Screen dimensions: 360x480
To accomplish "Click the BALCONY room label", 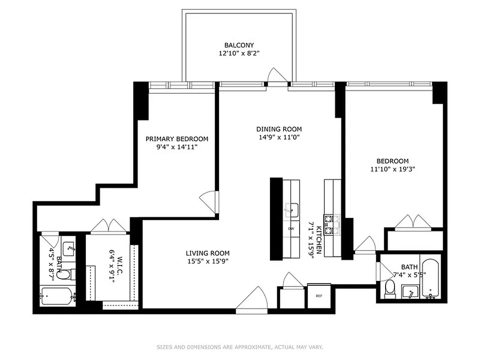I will (x=239, y=45).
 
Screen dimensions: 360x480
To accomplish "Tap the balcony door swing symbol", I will (x=275, y=76).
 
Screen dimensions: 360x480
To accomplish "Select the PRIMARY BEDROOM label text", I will (x=177, y=139).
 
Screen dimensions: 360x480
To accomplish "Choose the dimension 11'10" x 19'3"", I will (x=392, y=169).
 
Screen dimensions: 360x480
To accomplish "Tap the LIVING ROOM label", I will (x=208, y=253).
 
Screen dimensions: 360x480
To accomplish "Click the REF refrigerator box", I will (x=319, y=296).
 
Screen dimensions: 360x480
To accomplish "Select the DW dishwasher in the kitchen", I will (x=291, y=229).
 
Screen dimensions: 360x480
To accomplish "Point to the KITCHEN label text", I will (x=319, y=240).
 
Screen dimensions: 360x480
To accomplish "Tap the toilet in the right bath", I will (x=390, y=288).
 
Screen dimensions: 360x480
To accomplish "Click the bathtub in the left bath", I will (x=57, y=297).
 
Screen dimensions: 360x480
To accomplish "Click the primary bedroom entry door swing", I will (x=210, y=201).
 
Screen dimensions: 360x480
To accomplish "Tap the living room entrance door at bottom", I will (x=253, y=299).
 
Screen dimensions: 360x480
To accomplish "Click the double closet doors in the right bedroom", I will (x=413, y=222).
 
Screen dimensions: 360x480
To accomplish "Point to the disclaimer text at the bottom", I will (x=240, y=347).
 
